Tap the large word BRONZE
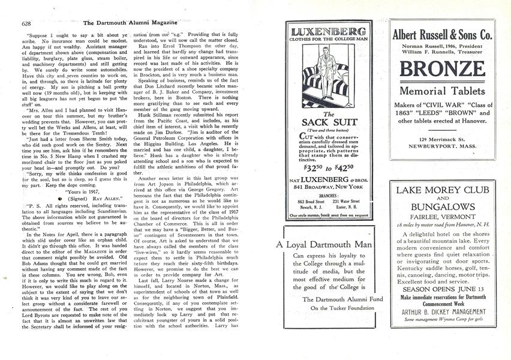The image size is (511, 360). coord(443,69)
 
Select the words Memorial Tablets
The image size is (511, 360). coord(443,91)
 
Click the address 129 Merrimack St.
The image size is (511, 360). coord(443,139)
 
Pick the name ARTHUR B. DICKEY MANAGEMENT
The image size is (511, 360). coord(443,311)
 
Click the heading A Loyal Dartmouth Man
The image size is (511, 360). coord(324,244)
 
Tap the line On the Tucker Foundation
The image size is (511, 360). coord(328,308)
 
